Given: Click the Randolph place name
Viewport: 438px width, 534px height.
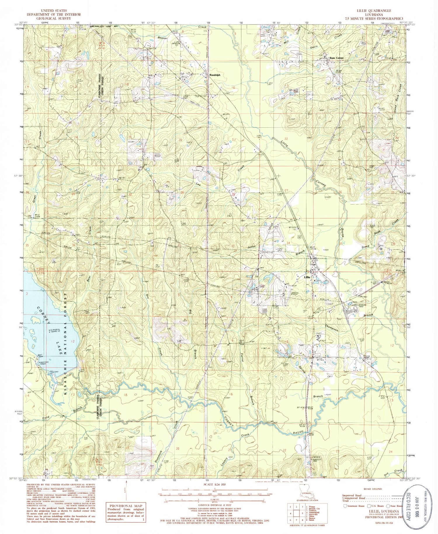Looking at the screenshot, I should pyautogui.click(x=215, y=75).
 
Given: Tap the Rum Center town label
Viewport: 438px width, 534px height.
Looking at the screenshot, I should pyautogui.click(x=336, y=58).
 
